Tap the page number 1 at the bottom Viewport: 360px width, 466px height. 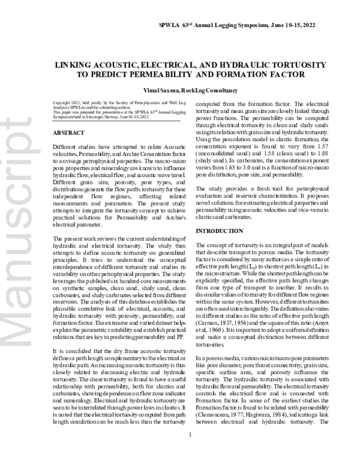click(190, 452)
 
